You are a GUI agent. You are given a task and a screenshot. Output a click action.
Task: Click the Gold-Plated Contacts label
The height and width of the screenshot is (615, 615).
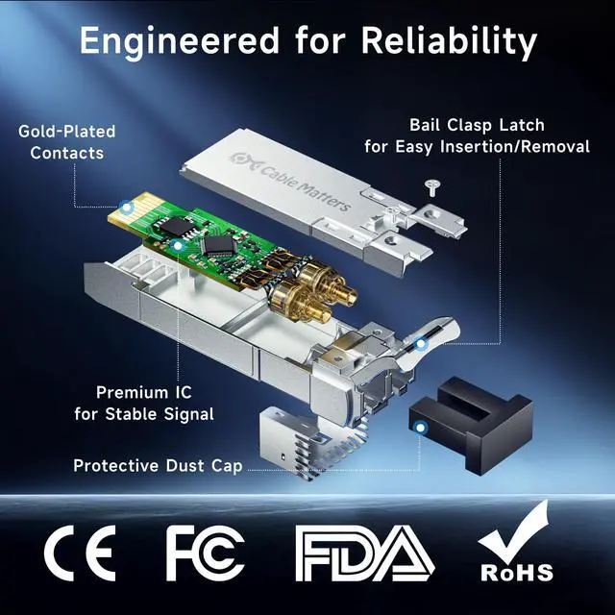67,142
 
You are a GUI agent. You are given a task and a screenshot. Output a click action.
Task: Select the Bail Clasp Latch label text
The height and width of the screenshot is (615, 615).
477,125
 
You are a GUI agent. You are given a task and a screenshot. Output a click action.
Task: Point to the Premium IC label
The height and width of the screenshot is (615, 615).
144,403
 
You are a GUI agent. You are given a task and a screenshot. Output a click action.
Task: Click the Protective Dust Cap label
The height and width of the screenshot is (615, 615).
158,466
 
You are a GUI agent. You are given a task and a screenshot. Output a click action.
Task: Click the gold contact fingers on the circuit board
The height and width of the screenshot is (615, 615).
135,215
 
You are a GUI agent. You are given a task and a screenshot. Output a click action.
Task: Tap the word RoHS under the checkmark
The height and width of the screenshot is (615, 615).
517,573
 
